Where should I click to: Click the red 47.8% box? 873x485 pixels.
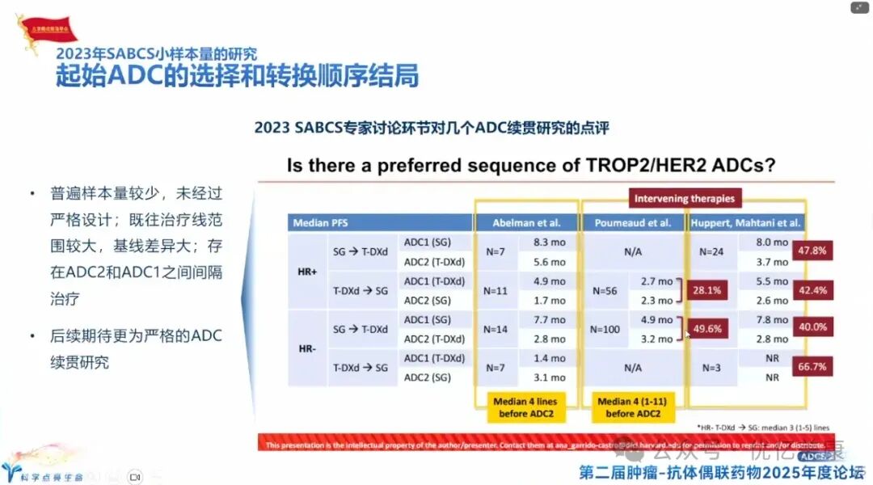pos(812,251)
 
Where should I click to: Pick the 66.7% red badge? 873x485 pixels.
pos(812,367)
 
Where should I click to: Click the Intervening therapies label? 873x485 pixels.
pos(684,198)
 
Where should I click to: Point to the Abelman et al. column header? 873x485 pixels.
pos(526,222)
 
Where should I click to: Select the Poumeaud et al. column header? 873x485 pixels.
pos(633,222)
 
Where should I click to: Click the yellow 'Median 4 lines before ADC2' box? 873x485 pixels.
pos(525,407)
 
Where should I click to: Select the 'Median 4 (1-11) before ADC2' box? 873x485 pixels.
pos(633,407)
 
